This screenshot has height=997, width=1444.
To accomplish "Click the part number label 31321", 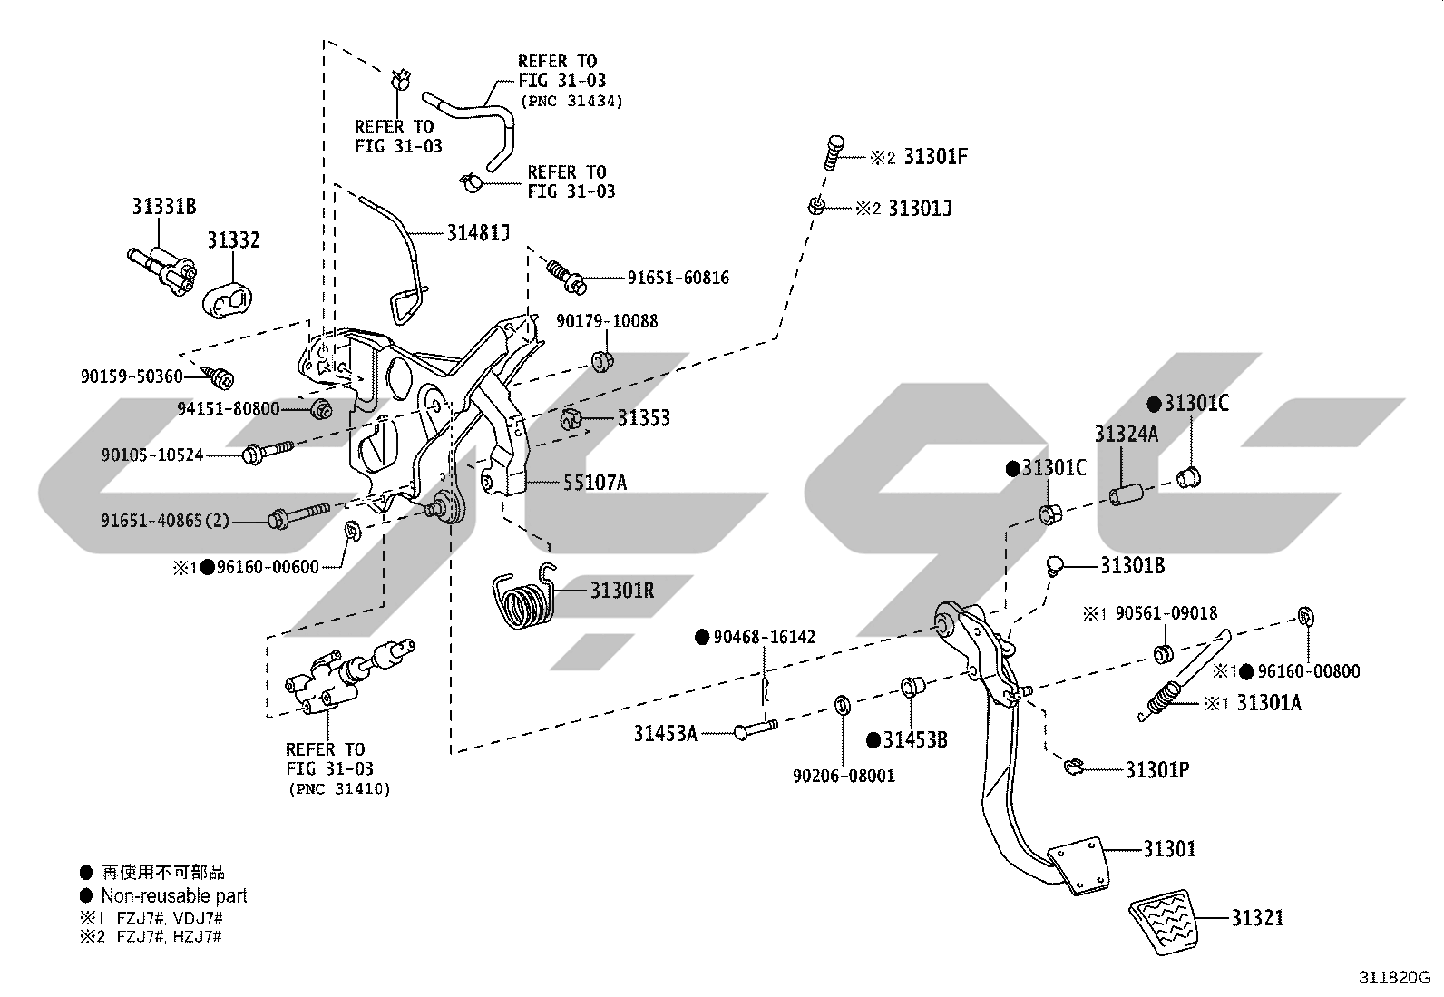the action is tap(1257, 918).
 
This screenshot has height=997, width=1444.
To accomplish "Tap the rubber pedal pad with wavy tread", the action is tap(1164, 923).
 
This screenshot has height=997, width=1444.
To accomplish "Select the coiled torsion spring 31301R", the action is tap(525, 597).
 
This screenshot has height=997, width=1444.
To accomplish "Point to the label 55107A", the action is tap(595, 483).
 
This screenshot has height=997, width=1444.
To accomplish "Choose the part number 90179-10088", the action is tap(607, 321).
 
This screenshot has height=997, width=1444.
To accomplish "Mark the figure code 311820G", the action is tap(1394, 978).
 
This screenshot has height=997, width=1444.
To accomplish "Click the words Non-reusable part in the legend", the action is tap(174, 895).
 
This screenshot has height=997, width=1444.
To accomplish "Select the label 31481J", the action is tap(478, 233).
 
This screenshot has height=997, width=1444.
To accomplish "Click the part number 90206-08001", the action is tap(844, 776).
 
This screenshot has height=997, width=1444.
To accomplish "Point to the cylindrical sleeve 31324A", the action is tap(1126, 496).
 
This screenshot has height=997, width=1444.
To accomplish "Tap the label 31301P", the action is tap(1157, 770).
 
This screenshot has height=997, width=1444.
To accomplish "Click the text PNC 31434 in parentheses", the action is tap(571, 102).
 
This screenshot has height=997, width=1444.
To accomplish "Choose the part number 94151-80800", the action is tap(229, 409).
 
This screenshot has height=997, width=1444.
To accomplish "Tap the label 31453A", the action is tap(665, 734).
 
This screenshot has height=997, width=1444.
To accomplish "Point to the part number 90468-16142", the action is tap(764, 637).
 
